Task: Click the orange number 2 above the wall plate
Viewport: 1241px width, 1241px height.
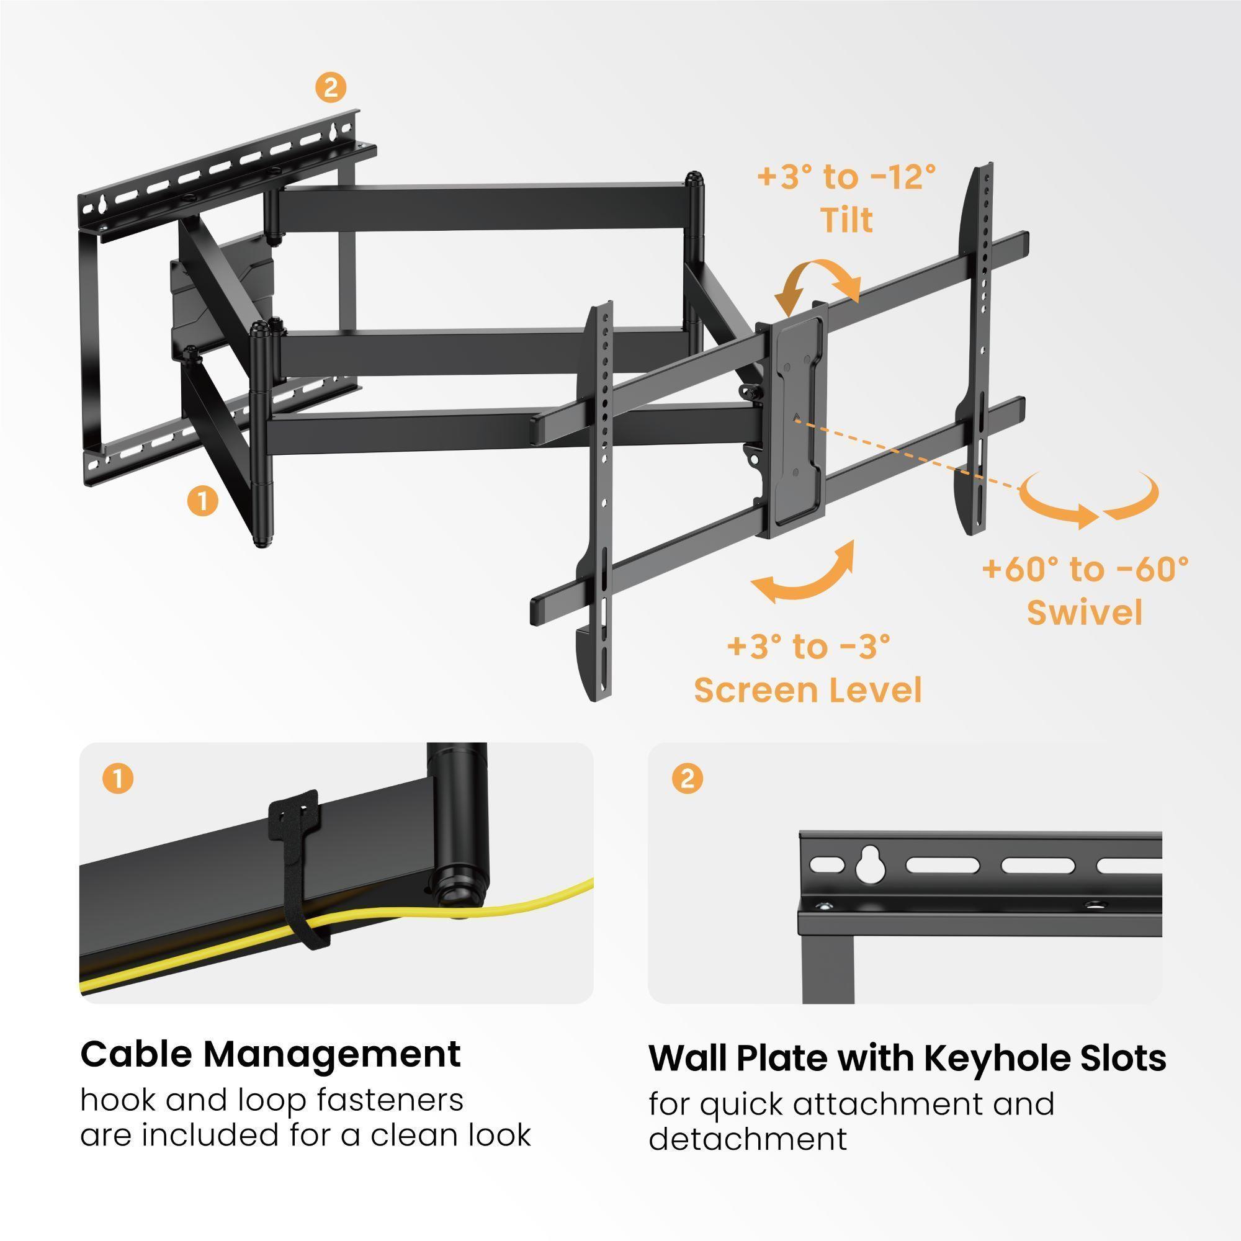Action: pyautogui.click(x=331, y=87)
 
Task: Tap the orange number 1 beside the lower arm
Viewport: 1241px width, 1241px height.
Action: pyautogui.click(x=202, y=500)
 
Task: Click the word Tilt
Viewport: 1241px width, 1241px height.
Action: pyautogui.click(x=847, y=220)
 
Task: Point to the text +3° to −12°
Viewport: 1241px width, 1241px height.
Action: pyautogui.click(x=846, y=177)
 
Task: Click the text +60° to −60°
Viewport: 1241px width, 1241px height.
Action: pyautogui.click(x=1085, y=568)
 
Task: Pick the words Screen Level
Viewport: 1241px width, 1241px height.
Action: pyautogui.click(x=808, y=691)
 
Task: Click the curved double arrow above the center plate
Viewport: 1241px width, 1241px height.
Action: pyautogui.click(x=817, y=282)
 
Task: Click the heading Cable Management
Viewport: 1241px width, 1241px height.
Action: pyautogui.click(x=271, y=1054)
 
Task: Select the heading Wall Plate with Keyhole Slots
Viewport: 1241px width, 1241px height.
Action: pyautogui.click(x=907, y=1058)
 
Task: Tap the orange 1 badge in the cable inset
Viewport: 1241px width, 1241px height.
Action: pyautogui.click(x=117, y=779)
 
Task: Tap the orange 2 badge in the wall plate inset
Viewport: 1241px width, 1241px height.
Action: pyautogui.click(x=688, y=779)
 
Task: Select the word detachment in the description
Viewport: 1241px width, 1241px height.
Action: pyautogui.click(x=748, y=1139)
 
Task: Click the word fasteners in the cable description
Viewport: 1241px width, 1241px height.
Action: pyautogui.click(x=390, y=1100)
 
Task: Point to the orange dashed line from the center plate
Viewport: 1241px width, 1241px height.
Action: pyautogui.click(x=912, y=460)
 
